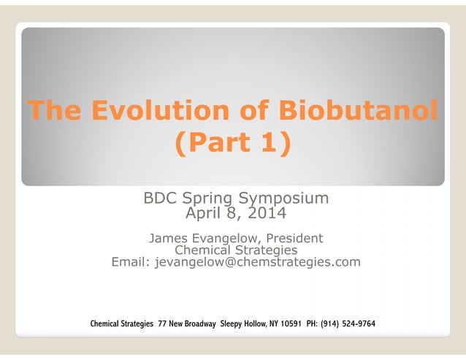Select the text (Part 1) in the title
tap(232, 142)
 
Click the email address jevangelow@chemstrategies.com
tap(257, 261)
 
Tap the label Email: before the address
tap(130, 261)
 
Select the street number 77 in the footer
tap(163, 323)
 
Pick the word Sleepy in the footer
tap(236, 323)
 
